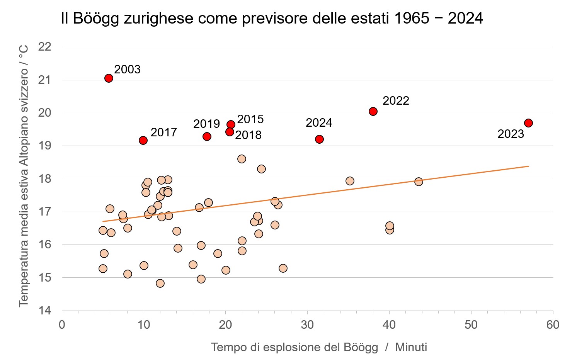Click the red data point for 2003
[109, 78]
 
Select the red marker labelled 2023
[528, 123]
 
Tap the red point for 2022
[373, 111]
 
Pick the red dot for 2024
[319, 139]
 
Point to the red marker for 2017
[143, 140]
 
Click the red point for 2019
[207, 136]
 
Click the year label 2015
[250, 119]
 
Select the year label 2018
[249, 135]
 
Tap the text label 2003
[128, 70]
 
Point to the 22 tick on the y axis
[45, 47]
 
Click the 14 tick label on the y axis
[45, 311]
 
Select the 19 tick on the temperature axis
[45, 146]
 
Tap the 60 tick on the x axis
[553, 325]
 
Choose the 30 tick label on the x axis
[307, 325]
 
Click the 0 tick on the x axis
[62, 325]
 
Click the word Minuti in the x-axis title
[411, 347]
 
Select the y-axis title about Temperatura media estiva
[24, 176]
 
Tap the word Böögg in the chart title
[96, 19]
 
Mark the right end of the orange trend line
[528, 166]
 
